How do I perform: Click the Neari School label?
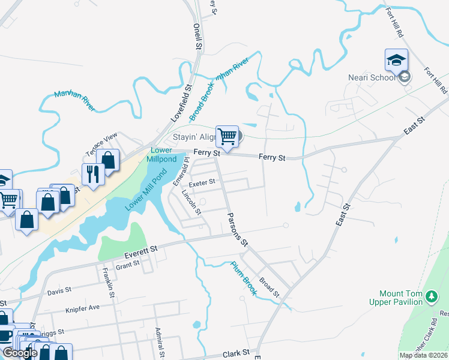click(x=372, y=77)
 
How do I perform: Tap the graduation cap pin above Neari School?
click(x=396, y=60)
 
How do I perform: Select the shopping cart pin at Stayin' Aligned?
click(x=227, y=137)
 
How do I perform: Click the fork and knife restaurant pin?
click(x=93, y=174)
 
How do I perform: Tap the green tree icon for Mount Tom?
click(x=431, y=295)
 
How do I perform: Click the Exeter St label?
click(x=202, y=182)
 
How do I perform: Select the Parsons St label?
click(x=236, y=229)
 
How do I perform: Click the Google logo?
click(x=20, y=353)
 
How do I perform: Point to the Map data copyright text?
click(x=423, y=355)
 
